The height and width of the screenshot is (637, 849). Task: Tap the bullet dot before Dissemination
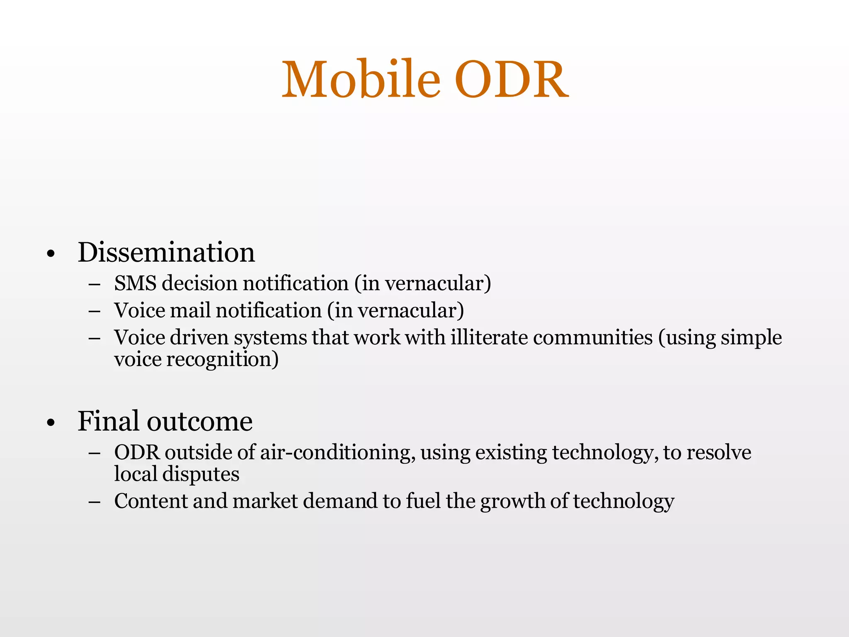coord(51,254)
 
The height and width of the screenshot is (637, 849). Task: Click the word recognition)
coord(222,359)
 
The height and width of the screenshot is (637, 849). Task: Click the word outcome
coord(199,422)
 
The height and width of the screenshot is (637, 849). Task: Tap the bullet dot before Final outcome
coord(51,423)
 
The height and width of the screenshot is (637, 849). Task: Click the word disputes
coord(201,474)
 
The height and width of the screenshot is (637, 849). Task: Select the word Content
coord(150,501)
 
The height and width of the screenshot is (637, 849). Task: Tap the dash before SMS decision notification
coord(95,285)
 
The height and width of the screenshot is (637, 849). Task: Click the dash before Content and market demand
coord(95,502)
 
